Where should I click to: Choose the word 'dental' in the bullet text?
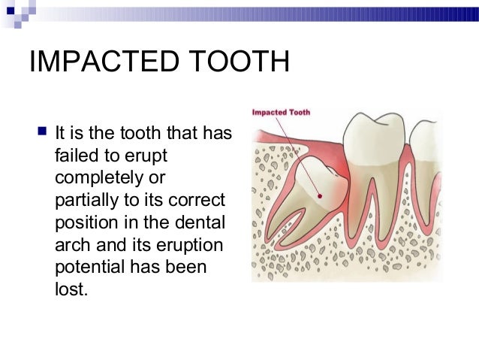pyautogui.click(x=205, y=223)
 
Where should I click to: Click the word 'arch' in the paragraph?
pyautogui.click(x=73, y=245)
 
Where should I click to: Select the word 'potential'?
pyautogui.click(x=91, y=268)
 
